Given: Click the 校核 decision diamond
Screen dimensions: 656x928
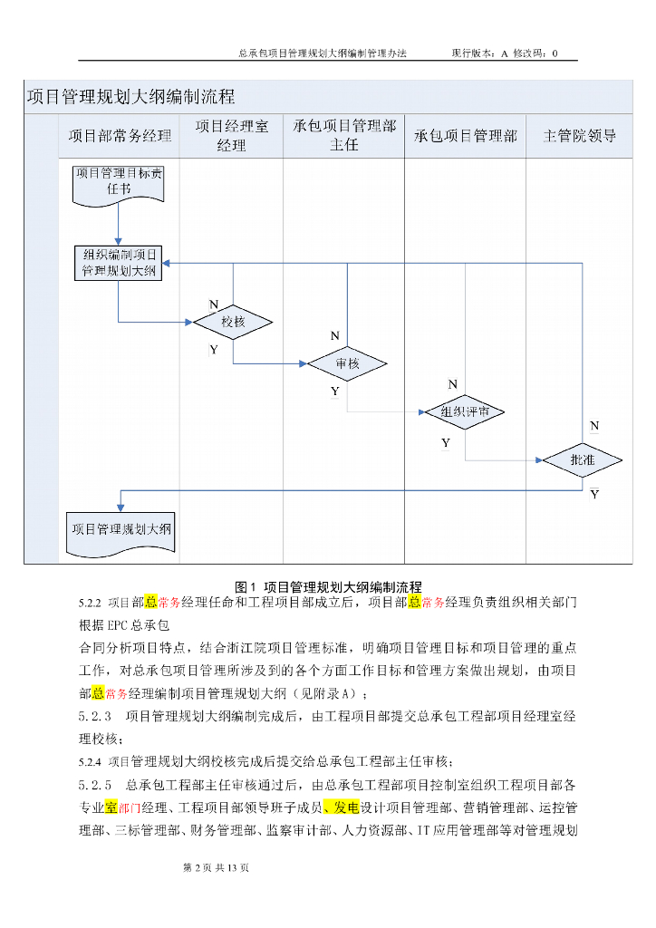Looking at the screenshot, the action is [233, 322].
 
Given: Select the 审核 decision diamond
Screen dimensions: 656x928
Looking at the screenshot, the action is [347, 364].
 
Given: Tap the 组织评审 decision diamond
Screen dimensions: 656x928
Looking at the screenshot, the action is [465, 412].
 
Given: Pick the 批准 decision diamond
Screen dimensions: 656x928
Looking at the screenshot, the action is [583, 460].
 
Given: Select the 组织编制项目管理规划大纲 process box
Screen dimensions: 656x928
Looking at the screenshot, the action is [118, 263].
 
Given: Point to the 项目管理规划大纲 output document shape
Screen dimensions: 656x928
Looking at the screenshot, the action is [121, 529].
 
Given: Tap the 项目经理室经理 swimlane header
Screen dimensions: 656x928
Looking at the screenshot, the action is [232, 136].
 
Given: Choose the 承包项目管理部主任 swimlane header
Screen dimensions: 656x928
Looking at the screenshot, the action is [344, 136].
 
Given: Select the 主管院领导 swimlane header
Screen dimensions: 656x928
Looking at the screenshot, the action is [579, 136].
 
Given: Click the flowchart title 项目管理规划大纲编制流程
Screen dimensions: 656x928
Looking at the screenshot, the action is [130, 96].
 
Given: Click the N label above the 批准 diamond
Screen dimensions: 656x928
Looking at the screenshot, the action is [594, 425].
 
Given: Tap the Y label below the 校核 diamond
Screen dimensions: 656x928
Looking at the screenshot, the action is [214, 349].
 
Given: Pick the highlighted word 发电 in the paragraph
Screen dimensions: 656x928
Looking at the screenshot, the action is [346, 807].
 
